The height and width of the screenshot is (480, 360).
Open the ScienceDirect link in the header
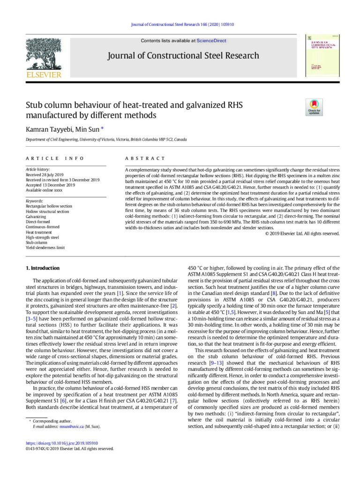tap(211, 41)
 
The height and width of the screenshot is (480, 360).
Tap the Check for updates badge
tap(313, 107)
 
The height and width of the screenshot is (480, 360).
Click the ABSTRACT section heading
tap(145, 158)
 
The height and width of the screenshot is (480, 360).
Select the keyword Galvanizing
tap(36, 217)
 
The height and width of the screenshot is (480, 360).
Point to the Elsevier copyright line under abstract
tap(302, 233)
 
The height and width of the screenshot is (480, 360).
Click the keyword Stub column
tap(37, 242)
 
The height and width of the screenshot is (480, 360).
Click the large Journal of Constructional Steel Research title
tap(183, 56)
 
